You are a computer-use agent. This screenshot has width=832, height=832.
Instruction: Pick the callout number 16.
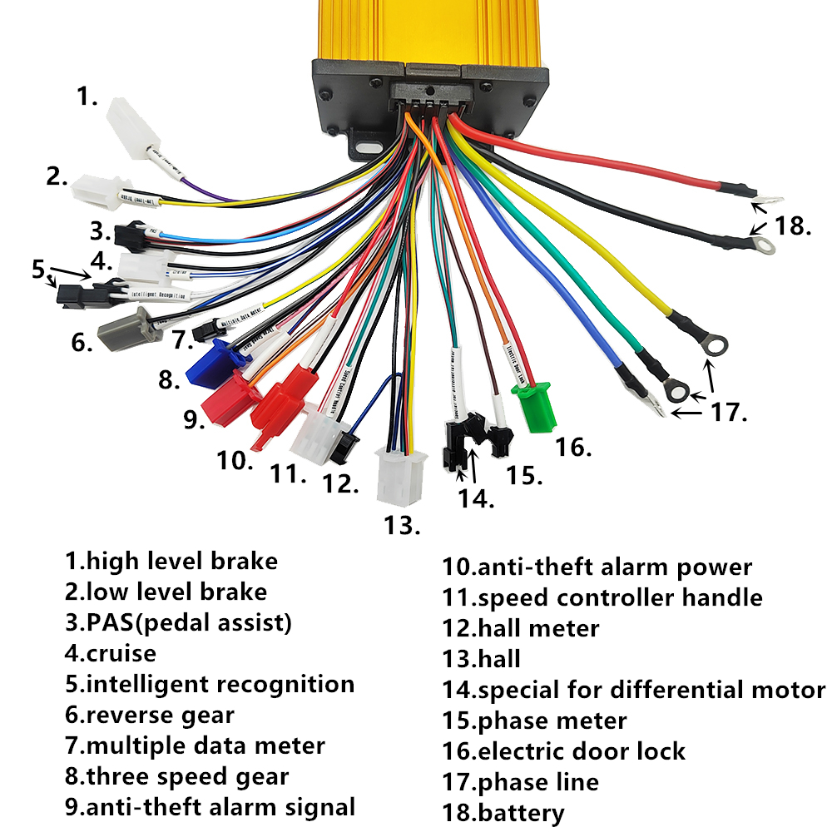574,447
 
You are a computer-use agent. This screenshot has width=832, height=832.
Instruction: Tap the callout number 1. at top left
87,97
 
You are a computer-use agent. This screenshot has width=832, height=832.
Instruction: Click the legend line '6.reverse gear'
150,715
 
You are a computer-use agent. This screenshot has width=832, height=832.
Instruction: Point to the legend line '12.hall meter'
520,628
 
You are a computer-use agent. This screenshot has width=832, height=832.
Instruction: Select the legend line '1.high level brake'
171,561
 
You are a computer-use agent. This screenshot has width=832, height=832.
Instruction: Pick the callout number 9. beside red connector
194,419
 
